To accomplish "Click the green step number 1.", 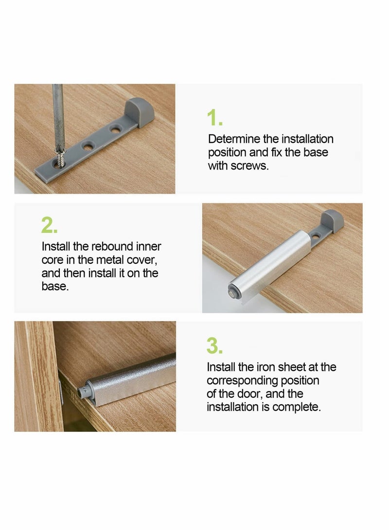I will pyautogui.click(x=214, y=118).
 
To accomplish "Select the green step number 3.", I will pyautogui.click(x=214, y=346).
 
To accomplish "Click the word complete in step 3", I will pyautogui.click(x=296, y=407).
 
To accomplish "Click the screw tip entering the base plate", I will pyautogui.click(x=60, y=160).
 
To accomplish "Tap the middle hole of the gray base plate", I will pyautogui.click(x=88, y=145).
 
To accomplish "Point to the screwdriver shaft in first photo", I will pyautogui.click(x=58, y=117).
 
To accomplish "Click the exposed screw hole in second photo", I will pyautogui.click(x=316, y=237).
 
